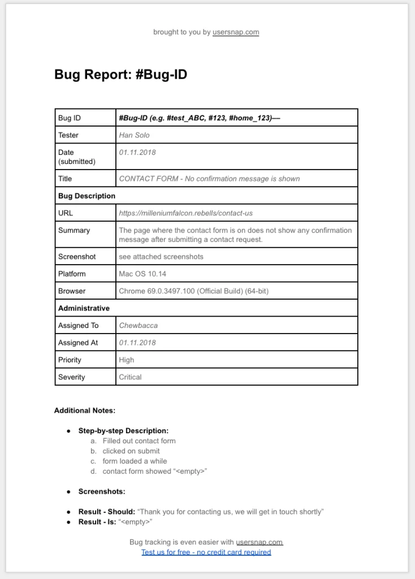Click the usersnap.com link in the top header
click(235, 32)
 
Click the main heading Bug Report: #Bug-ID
click(120, 75)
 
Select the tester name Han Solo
click(134, 135)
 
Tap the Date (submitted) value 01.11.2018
click(137, 153)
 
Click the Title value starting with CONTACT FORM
click(209, 179)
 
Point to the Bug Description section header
click(87, 196)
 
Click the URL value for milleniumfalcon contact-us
click(185, 213)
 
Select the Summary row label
click(74, 231)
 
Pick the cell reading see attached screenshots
click(161, 257)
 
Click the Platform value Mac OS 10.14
click(142, 274)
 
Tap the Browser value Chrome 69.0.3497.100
click(193, 291)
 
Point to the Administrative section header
click(84, 309)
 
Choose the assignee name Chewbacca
click(138, 326)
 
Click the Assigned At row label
click(78, 343)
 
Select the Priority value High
click(127, 360)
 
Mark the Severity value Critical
click(130, 377)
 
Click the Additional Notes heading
click(84, 411)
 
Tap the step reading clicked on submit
click(131, 451)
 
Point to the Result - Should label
click(106, 512)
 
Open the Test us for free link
click(206, 552)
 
